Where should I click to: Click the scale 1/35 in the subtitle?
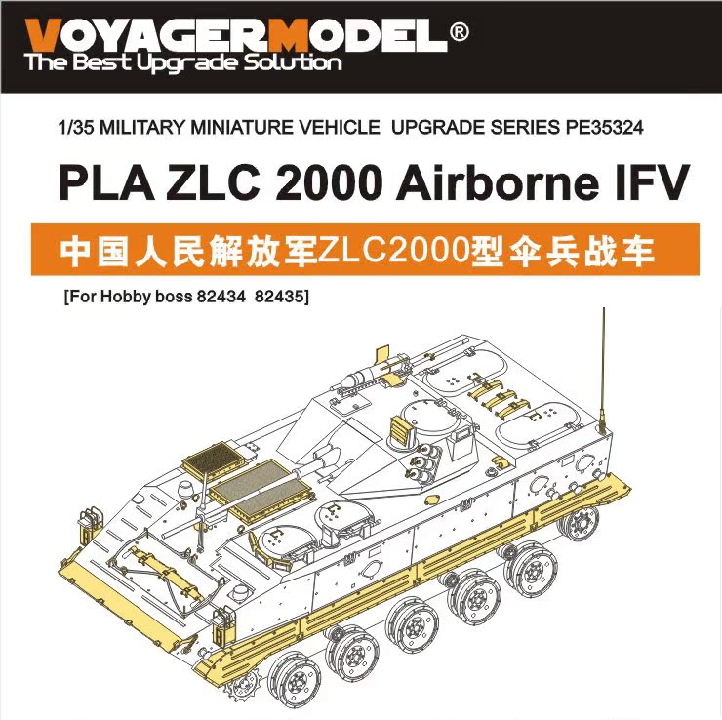[x=76, y=127]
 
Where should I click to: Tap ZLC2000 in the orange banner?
[x=370, y=250]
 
